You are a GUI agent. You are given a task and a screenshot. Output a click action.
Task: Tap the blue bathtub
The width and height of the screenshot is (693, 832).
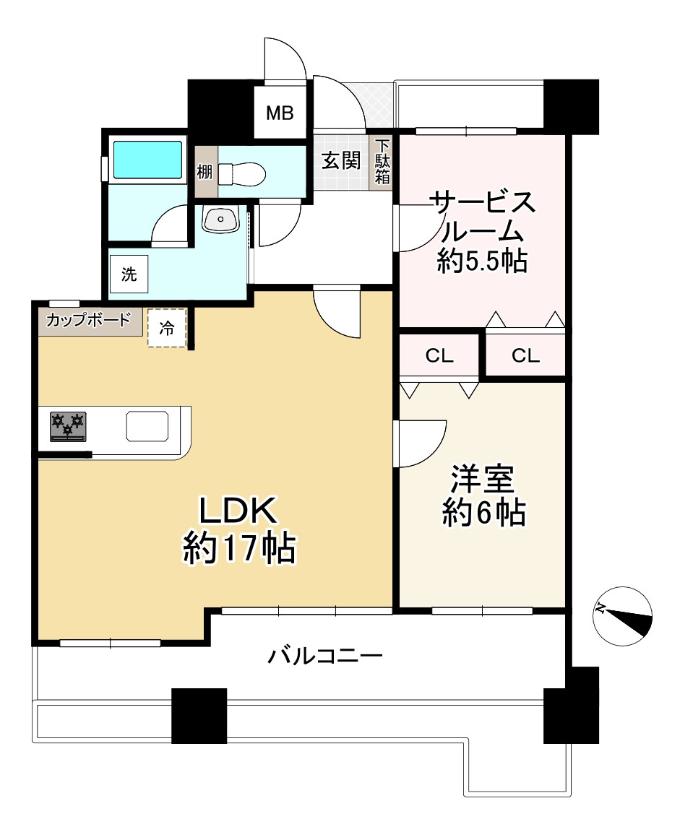(147, 160)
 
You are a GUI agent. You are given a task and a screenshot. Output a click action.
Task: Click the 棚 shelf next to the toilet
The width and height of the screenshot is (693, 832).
(205, 173)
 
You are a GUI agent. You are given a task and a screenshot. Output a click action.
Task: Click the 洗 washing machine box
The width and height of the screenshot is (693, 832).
(129, 274)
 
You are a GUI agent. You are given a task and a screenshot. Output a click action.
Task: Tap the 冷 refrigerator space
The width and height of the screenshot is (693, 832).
(167, 328)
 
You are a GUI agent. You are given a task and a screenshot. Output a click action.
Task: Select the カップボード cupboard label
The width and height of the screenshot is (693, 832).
(89, 320)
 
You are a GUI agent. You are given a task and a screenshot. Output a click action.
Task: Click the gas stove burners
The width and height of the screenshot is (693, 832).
(68, 425)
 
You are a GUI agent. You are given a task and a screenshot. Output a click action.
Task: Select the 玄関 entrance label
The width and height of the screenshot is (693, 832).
(340, 160)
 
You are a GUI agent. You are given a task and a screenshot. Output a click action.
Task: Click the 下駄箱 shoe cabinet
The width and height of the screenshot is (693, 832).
(382, 163)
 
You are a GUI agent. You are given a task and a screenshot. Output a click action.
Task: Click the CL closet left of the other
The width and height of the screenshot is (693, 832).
(439, 355)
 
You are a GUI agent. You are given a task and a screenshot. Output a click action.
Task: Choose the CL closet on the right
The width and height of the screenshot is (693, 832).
(525, 355)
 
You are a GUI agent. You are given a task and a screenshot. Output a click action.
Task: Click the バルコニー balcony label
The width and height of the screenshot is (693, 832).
(325, 656)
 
